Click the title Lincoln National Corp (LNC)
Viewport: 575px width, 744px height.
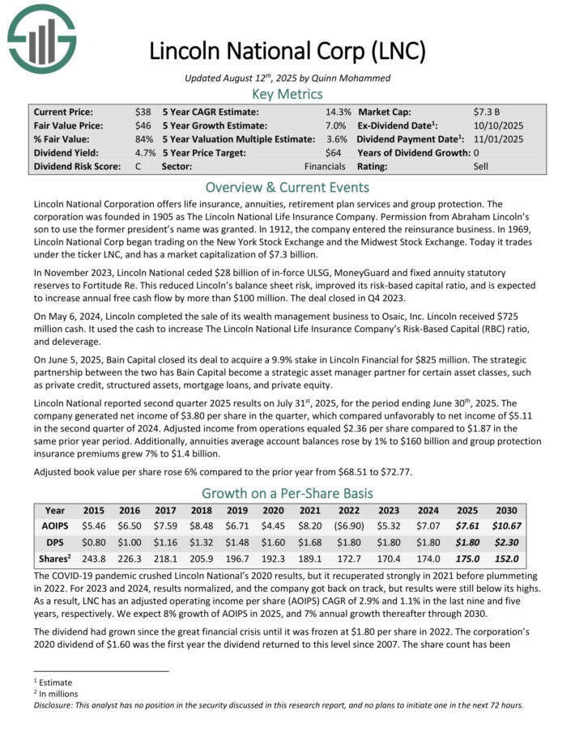287,51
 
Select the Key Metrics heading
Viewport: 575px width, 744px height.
287,94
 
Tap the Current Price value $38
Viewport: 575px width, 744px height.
144,111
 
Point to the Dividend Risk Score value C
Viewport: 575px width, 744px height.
138,166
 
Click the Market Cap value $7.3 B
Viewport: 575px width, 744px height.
490,111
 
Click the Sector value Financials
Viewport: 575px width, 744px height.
325,166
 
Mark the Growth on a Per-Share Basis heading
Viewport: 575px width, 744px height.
287,493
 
